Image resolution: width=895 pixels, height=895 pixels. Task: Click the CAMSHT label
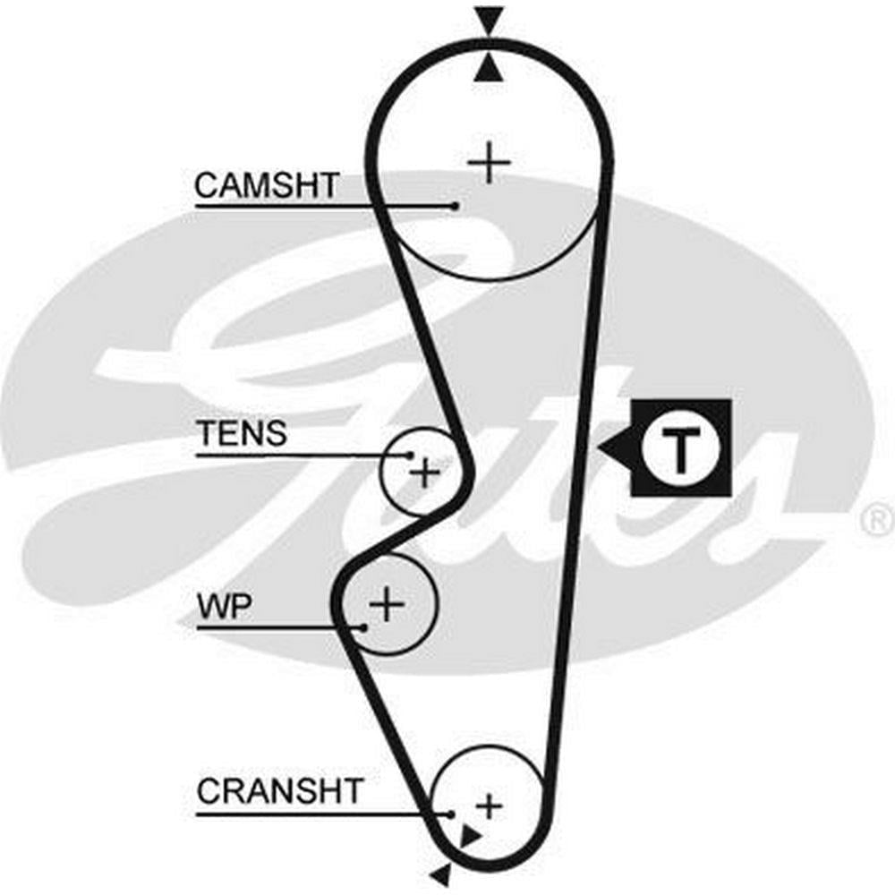(267, 186)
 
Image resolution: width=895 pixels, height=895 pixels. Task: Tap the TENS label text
(242, 433)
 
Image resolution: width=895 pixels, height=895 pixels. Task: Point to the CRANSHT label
(280, 791)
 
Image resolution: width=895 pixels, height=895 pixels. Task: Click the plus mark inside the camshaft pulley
(489, 163)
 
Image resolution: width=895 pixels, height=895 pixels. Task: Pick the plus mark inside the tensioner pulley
(424, 472)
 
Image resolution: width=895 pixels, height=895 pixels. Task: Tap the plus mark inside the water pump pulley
(387, 605)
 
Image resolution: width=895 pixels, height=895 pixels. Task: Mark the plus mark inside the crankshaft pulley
(488, 805)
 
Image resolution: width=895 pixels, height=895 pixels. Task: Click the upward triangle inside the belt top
(489, 69)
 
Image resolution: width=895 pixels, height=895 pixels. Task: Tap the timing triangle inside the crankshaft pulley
(468, 836)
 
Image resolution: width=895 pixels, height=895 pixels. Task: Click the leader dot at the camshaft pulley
(455, 206)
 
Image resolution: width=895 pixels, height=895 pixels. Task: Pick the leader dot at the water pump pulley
(362, 627)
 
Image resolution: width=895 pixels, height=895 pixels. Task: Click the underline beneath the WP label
(277, 627)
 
